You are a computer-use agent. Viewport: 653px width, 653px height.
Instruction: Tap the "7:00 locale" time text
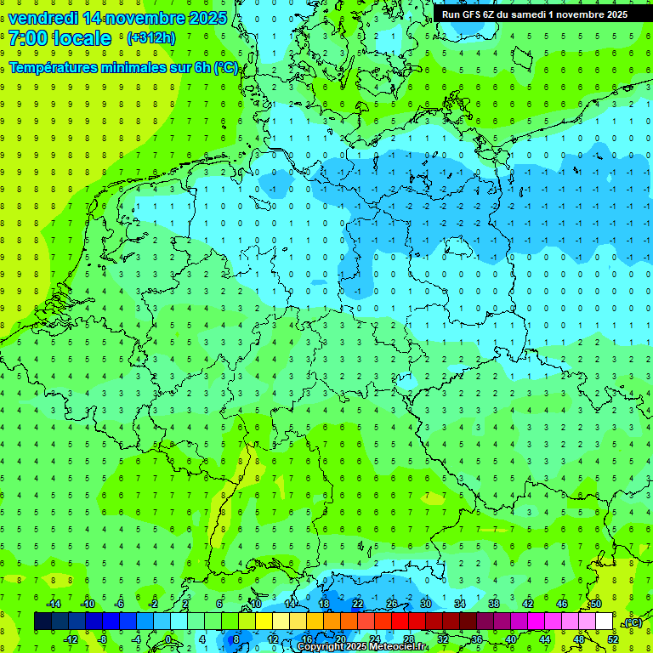(60, 38)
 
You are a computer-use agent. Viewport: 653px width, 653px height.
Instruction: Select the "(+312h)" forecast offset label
(150, 38)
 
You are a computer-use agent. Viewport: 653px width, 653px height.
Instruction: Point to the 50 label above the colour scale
(595, 604)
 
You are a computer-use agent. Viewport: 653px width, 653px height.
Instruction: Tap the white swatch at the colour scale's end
(604, 622)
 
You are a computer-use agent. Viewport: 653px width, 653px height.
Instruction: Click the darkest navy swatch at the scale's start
(43, 622)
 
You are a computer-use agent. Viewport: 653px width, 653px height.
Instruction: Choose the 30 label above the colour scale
(425, 604)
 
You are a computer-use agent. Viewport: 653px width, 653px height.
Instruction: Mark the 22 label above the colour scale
(357, 604)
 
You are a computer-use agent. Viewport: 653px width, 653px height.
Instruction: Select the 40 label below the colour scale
(510, 639)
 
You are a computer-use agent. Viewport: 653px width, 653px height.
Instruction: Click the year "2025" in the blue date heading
(207, 18)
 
